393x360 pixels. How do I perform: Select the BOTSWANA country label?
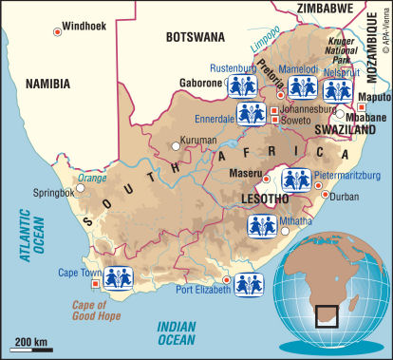(195, 36)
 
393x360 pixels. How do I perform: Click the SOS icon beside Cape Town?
(118, 278)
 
